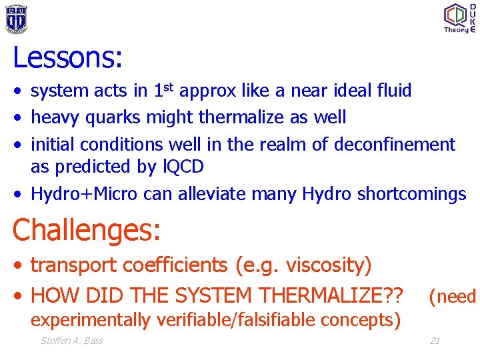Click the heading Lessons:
[x=67, y=58]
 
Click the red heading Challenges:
[x=87, y=230]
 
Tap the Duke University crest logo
[x=16, y=18]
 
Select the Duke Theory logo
[x=459, y=18]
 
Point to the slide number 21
[x=434, y=341]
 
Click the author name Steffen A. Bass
[x=72, y=341]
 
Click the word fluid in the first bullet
[x=393, y=91]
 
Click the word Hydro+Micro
[x=84, y=194]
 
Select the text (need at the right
[x=452, y=296]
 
